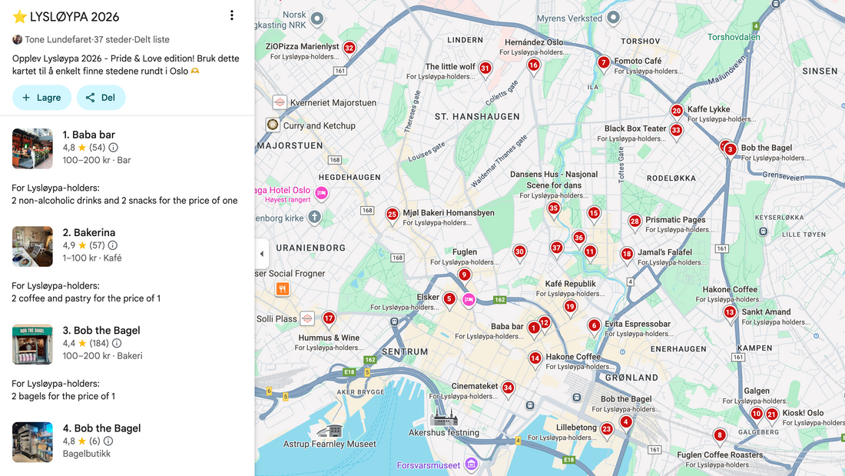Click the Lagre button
tap(41, 98)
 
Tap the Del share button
tap(101, 98)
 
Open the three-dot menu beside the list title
tap(232, 15)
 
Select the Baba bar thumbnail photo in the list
tap(32, 148)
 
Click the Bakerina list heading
tap(89, 232)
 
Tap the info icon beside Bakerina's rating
tap(113, 245)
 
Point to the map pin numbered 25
tap(392, 215)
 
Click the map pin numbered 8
tap(720, 436)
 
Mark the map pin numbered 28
tap(635, 221)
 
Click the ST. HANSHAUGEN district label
tap(477, 117)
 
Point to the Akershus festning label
tap(444, 433)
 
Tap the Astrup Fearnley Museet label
tap(330, 444)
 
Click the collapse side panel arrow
tap(262, 254)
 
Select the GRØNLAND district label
tap(631, 378)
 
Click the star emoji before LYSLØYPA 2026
tap(20, 16)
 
